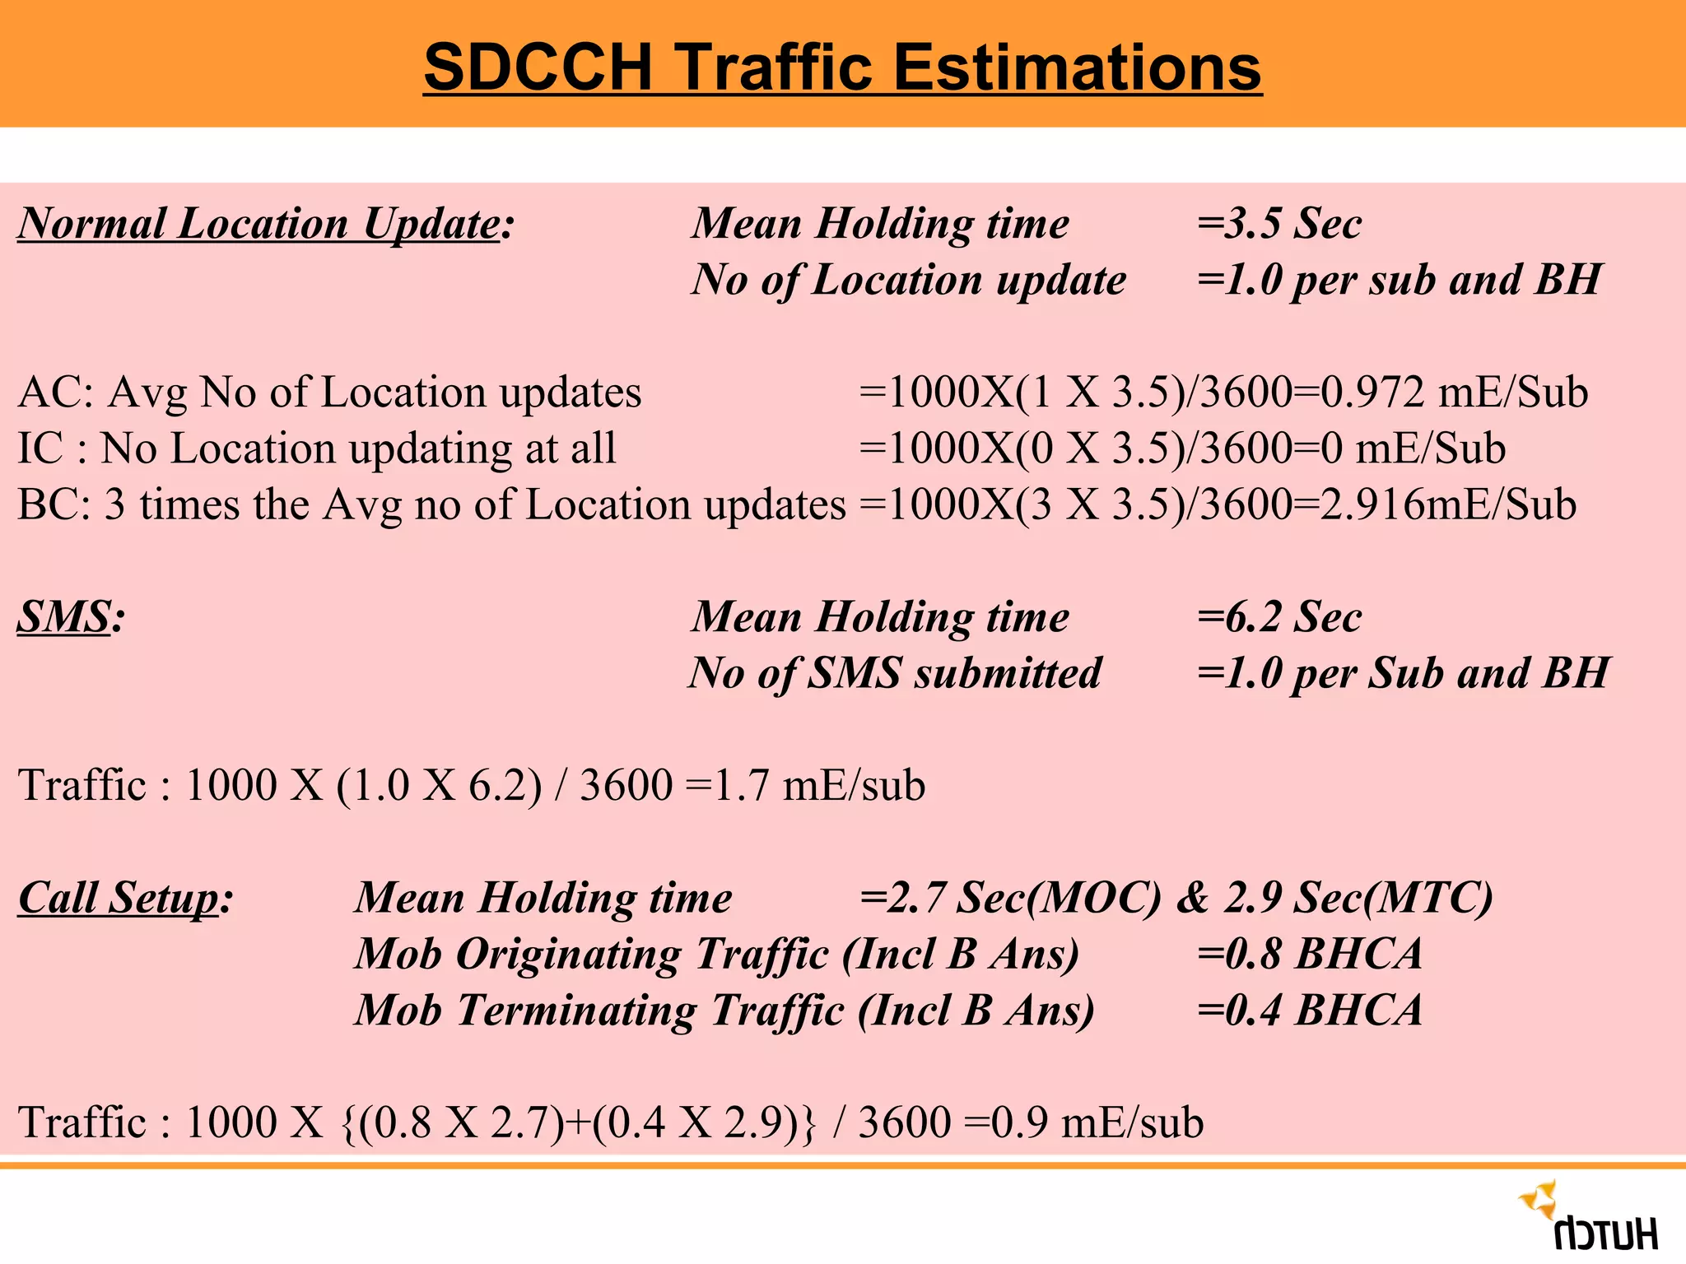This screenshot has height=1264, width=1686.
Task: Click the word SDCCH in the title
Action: click(538, 67)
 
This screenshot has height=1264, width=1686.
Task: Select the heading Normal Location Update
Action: click(259, 224)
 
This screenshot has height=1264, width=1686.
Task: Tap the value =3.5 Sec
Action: click(1279, 224)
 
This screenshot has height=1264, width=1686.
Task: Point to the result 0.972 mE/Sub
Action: click(1453, 392)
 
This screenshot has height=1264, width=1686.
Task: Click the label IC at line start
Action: click(40, 448)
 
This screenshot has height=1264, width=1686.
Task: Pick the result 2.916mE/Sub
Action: click(1447, 504)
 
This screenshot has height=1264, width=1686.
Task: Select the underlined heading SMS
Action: click(65, 617)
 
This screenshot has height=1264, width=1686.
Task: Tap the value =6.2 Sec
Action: click(1279, 617)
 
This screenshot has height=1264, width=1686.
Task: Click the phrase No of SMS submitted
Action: click(896, 673)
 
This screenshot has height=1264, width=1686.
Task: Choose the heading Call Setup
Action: click(119, 898)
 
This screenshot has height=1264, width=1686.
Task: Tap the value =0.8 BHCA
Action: click(1309, 955)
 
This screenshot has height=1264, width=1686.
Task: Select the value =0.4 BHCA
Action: click(1309, 1011)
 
